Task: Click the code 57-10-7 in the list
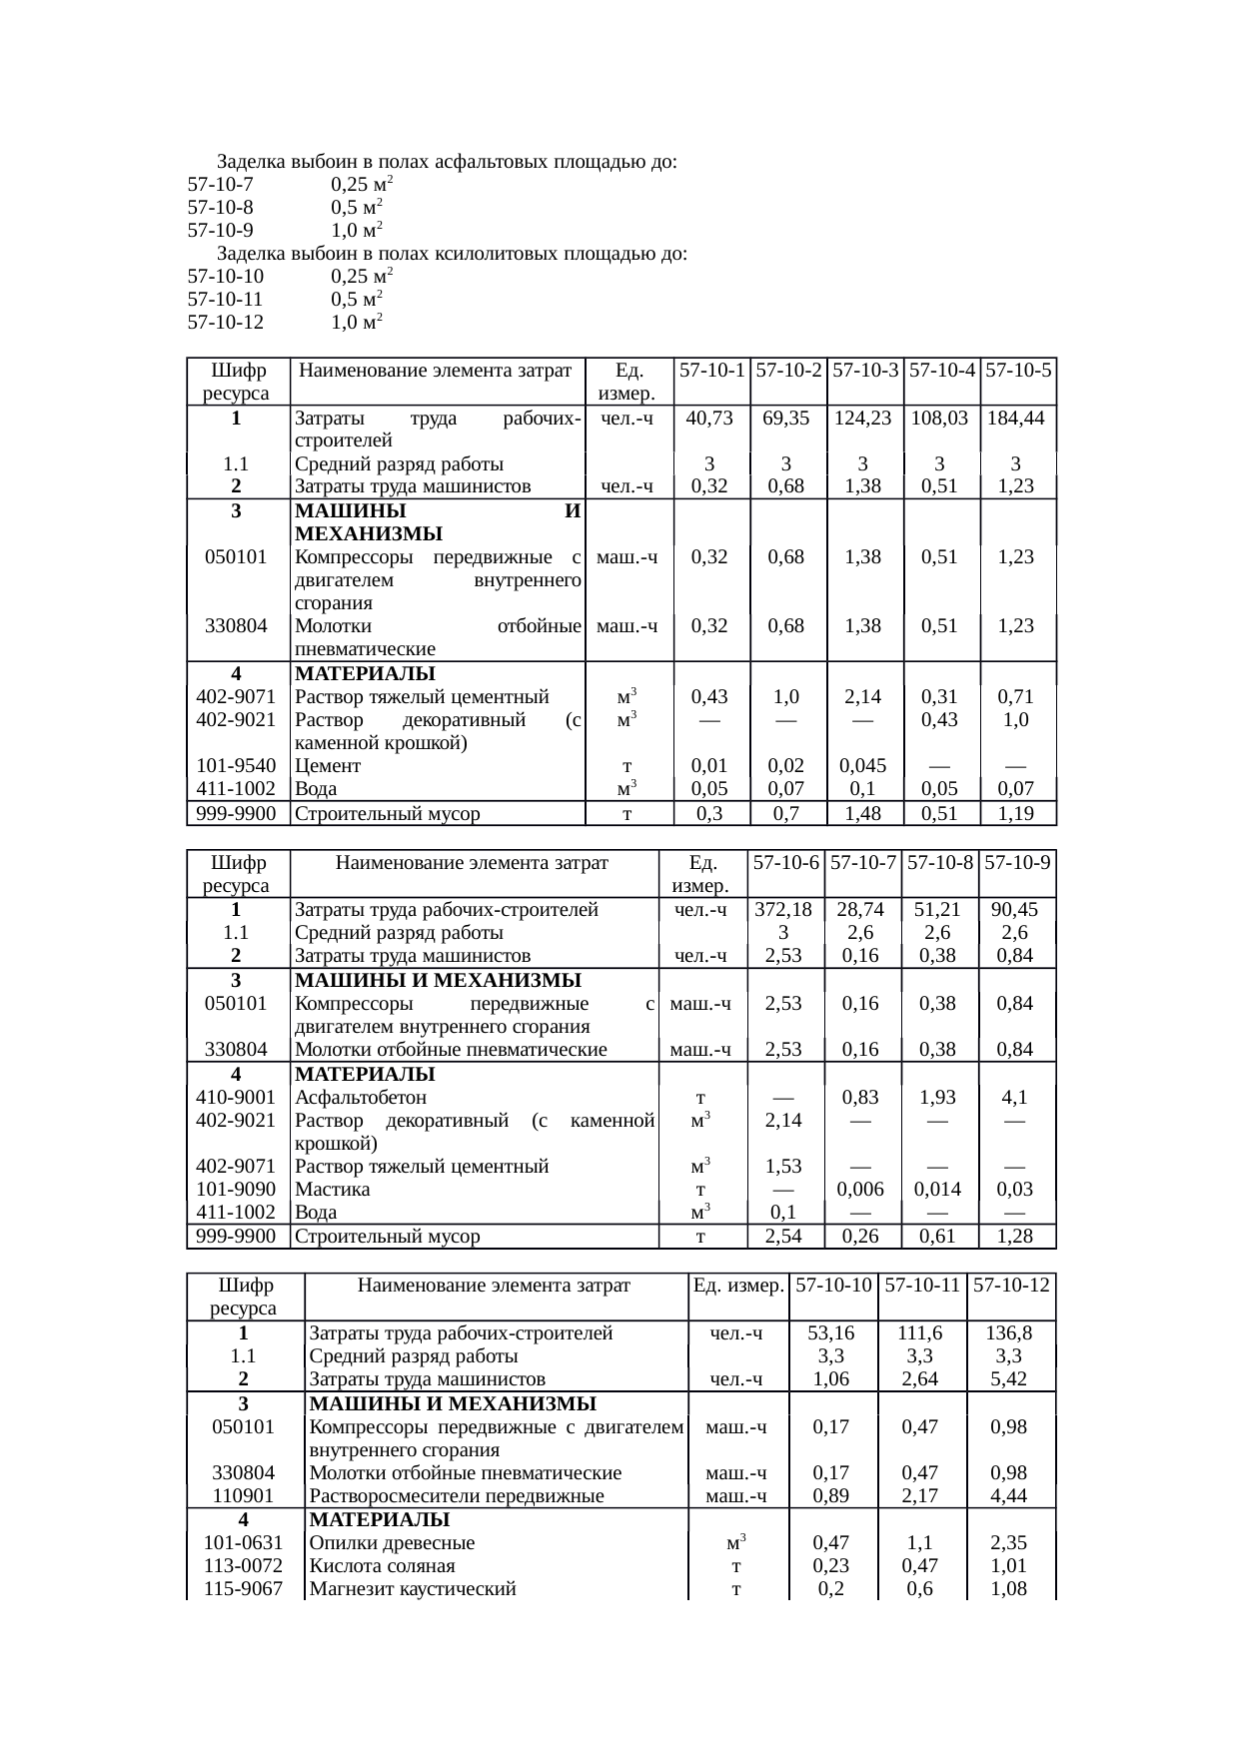tap(220, 185)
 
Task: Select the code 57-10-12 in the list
tap(225, 323)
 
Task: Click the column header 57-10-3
tap(865, 371)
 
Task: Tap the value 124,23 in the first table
tap(865, 419)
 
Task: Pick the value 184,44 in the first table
tap(1018, 419)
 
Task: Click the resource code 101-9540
tap(236, 766)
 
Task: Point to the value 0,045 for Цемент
tap(865, 766)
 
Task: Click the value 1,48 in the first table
tap(865, 813)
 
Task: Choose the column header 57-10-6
tap(786, 862)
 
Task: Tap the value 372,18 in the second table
tap(786, 909)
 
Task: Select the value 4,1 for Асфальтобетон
tap(1016, 1097)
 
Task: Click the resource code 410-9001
tap(236, 1097)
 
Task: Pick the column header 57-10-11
tap(922, 1285)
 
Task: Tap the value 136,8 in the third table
tap(1010, 1332)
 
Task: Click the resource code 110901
tap(244, 1496)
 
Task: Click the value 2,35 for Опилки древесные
tap(1010, 1543)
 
